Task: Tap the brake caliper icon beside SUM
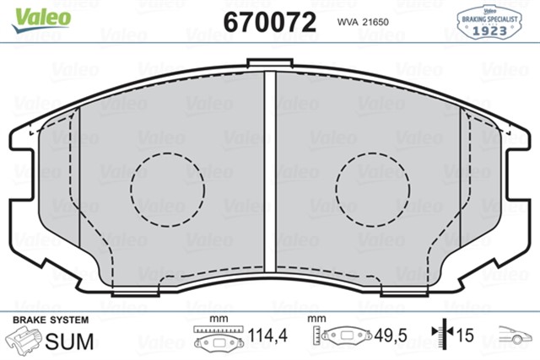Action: click(24, 340)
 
